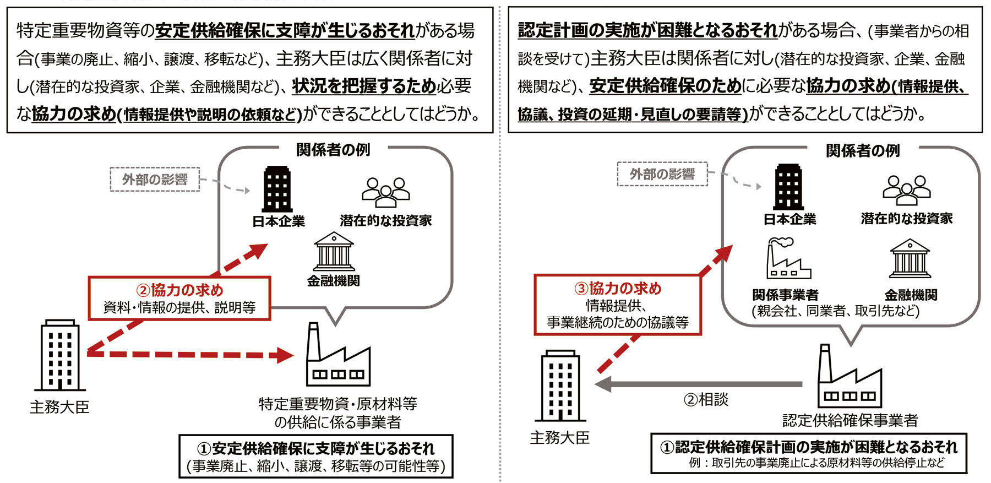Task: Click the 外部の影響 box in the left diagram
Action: coord(155,180)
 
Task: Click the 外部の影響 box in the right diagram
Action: coord(662,174)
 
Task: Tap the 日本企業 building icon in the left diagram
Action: coord(277,189)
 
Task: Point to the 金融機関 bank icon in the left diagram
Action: coord(334,252)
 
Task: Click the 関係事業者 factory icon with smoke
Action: coord(788,258)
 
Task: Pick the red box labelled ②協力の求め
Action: coord(179,299)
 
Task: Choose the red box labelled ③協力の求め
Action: coord(618,305)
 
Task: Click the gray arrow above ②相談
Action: coord(699,384)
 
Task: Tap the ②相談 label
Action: coord(706,400)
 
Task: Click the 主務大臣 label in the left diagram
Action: coord(59,407)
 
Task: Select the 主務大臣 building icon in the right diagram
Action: coord(560,386)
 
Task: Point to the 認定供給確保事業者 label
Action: coord(850,420)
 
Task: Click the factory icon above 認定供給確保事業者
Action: coord(850,376)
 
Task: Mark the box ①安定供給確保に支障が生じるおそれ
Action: coord(316,457)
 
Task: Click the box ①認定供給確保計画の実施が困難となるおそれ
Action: coord(809,453)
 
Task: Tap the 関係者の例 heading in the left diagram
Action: coord(333,150)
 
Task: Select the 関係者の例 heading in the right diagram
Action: coord(863,150)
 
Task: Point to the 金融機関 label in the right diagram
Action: coord(911,295)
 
